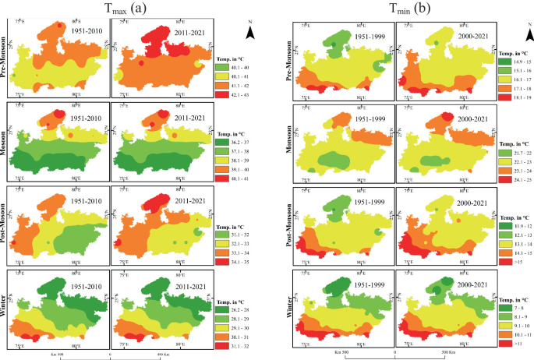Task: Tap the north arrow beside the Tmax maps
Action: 249,31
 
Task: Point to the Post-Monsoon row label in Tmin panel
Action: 288,226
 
